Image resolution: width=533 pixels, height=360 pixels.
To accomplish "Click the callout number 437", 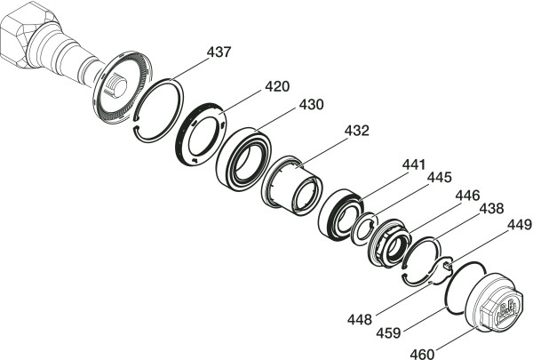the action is (x=219, y=52).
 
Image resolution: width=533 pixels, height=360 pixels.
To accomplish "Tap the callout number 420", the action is (x=277, y=86).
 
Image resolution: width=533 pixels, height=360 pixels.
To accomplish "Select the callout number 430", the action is (x=312, y=105).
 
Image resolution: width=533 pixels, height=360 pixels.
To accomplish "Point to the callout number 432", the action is (x=356, y=131).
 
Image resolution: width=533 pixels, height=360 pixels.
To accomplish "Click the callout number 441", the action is (x=414, y=164).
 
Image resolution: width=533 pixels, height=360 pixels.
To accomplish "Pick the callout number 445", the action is (x=440, y=177).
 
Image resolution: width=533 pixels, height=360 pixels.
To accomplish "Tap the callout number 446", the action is (x=468, y=196).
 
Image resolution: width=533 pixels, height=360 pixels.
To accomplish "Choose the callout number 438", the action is (x=491, y=209).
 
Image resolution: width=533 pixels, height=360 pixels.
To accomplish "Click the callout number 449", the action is (x=520, y=225).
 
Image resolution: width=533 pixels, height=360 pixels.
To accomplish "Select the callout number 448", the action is (x=360, y=319).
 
